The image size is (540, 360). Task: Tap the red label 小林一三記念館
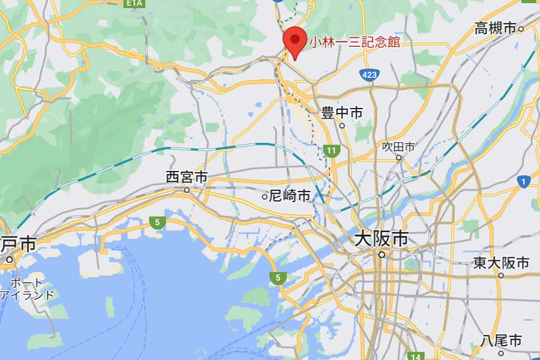click(x=354, y=42)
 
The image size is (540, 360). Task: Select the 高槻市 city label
click(x=495, y=28)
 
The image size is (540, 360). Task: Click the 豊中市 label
click(x=342, y=112)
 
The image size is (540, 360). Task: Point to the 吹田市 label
click(x=399, y=146)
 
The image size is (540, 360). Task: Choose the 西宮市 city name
click(x=187, y=177)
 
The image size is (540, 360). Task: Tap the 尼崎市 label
click(x=290, y=196)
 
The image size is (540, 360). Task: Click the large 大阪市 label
click(x=381, y=239)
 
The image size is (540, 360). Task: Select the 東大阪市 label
click(x=501, y=263)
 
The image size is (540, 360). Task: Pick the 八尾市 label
click(x=501, y=341)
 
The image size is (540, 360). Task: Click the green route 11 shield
click(x=331, y=151)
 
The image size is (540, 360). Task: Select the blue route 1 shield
click(x=524, y=181)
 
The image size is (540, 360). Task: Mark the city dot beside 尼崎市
click(x=265, y=196)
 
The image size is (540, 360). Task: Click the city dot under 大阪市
click(x=381, y=254)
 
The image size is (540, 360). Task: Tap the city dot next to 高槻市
click(x=521, y=28)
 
